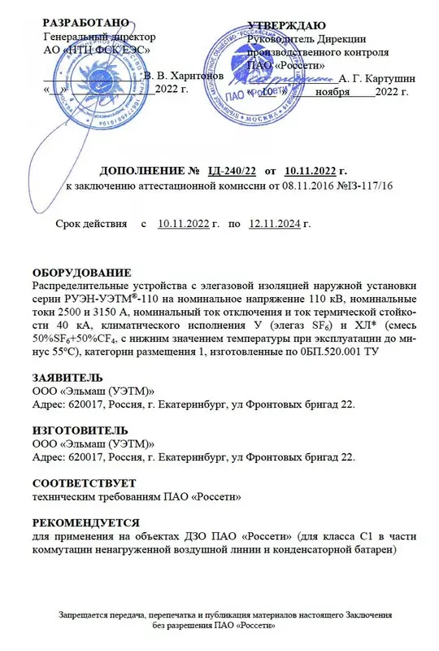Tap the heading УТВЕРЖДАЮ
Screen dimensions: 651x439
point(286,24)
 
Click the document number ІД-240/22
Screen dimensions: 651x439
point(233,170)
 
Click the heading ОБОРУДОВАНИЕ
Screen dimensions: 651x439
point(79,272)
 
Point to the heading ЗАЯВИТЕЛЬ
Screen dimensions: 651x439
point(67,378)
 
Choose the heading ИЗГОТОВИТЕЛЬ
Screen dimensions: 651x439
point(79,430)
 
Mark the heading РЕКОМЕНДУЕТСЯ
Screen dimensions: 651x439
point(85,522)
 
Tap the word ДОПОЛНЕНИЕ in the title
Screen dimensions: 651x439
point(144,170)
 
